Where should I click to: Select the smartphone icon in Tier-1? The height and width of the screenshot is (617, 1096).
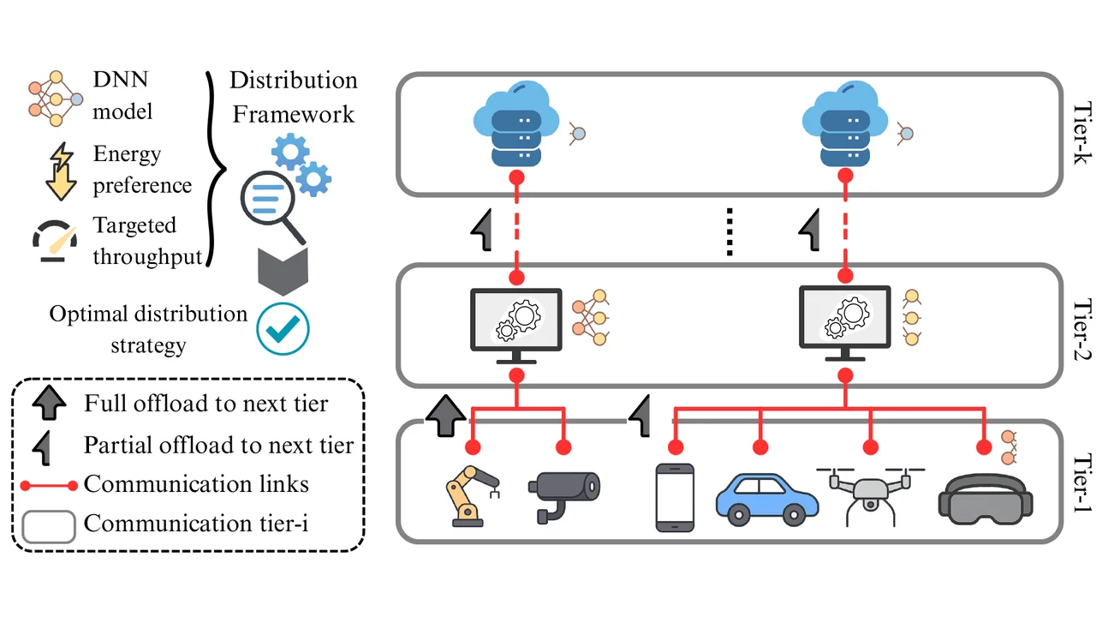tap(673, 497)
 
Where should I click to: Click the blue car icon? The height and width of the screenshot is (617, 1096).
tap(759, 497)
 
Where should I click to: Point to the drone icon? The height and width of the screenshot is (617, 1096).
tap(870, 494)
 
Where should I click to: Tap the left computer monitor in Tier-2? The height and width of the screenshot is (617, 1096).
tap(516, 321)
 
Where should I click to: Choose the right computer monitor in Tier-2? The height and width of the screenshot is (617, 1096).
tap(844, 321)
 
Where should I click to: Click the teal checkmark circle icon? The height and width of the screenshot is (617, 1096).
tap(283, 327)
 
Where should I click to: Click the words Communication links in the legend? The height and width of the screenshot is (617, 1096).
tap(196, 484)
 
